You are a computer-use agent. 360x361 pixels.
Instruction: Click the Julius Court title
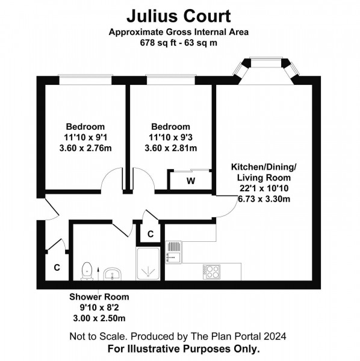click(x=179, y=14)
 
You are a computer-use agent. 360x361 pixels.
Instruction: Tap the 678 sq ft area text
click(x=179, y=43)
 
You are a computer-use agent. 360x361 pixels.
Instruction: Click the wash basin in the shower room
click(x=112, y=274)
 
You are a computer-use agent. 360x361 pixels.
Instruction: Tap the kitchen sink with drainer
click(x=174, y=251)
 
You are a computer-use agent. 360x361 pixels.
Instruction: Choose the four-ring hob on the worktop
click(x=211, y=271)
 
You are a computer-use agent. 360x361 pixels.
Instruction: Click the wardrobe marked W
click(x=190, y=180)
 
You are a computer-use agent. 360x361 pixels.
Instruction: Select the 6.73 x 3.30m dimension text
click(x=264, y=199)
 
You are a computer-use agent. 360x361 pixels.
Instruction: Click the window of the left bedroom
click(x=84, y=78)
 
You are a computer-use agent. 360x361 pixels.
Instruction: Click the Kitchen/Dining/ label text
click(x=264, y=167)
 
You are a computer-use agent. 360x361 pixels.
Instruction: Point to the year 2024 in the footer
click(x=275, y=336)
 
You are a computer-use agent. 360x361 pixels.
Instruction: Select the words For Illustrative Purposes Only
click(x=184, y=348)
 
